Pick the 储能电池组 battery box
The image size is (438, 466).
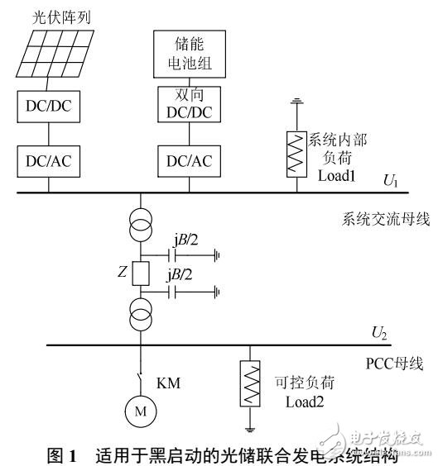[187, 50]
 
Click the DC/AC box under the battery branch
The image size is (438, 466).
[187, 162]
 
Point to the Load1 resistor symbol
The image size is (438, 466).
[295, 152]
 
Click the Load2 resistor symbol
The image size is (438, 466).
[248, 383]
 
